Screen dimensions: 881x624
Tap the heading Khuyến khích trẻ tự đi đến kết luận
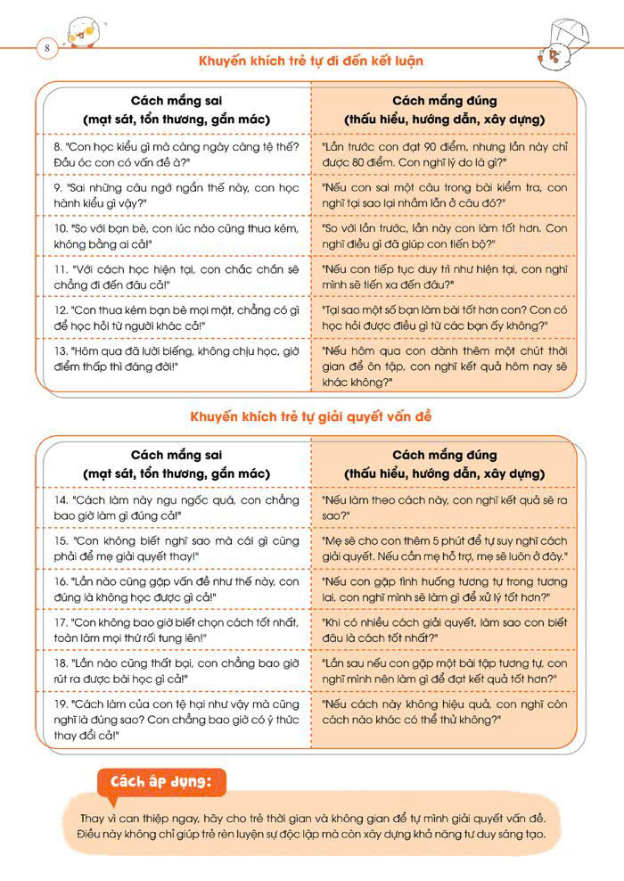311,62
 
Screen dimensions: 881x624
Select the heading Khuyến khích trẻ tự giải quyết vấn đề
311,416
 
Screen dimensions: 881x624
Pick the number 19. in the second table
62,703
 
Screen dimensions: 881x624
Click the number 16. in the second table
62,580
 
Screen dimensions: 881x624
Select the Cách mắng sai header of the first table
176,102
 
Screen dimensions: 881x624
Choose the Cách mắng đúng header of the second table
444,456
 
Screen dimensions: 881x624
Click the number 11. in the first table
62,267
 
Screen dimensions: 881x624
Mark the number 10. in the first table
62,227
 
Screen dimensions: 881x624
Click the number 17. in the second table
62,622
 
